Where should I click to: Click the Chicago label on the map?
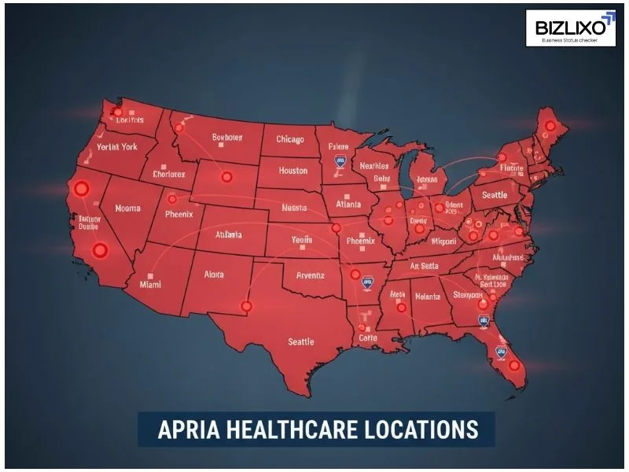point(290,139)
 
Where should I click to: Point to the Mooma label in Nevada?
point(127,208)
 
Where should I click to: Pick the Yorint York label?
point(116,147)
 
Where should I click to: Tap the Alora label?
point(213,275)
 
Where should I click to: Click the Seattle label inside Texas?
point(300,341)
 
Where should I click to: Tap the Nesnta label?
point(293,208)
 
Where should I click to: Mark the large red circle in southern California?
point(100,251)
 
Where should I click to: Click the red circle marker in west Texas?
point(247,306)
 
